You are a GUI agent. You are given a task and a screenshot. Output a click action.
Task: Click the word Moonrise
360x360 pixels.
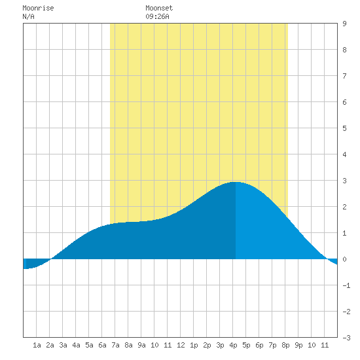38,8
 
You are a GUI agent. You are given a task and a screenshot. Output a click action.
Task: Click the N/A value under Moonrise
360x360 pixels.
28,16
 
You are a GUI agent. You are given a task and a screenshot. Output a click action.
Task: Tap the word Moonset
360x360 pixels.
159,8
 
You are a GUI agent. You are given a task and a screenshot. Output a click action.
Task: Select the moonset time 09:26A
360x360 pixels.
157,16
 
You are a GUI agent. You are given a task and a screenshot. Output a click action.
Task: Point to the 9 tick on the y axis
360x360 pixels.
344,24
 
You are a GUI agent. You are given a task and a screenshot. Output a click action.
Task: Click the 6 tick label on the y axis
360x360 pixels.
344,102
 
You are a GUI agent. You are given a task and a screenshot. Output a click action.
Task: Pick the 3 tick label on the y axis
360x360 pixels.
344,181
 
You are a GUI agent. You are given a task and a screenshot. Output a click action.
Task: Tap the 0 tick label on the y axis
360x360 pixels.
344,259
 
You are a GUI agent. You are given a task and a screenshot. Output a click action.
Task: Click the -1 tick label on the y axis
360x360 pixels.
346,285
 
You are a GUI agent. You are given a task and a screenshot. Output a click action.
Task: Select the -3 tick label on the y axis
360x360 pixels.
346,338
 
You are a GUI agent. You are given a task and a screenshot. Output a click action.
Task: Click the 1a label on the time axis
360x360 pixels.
37,345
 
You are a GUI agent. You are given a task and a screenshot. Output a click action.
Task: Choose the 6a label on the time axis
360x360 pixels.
102,345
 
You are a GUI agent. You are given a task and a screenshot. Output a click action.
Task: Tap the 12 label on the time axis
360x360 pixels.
181,345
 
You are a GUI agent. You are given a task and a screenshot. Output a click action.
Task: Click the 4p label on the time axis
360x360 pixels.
233,345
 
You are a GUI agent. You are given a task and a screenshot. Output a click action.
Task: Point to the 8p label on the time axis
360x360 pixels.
285,345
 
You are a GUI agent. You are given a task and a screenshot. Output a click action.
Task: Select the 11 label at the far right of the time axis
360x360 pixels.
325,345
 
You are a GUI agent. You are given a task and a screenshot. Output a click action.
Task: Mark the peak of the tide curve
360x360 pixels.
236,182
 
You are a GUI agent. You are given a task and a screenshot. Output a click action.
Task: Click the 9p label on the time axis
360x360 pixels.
298,345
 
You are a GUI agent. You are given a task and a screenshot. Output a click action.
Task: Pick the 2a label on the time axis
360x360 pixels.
50,345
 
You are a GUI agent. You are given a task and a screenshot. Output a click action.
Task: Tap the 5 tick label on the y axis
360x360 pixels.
344,128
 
